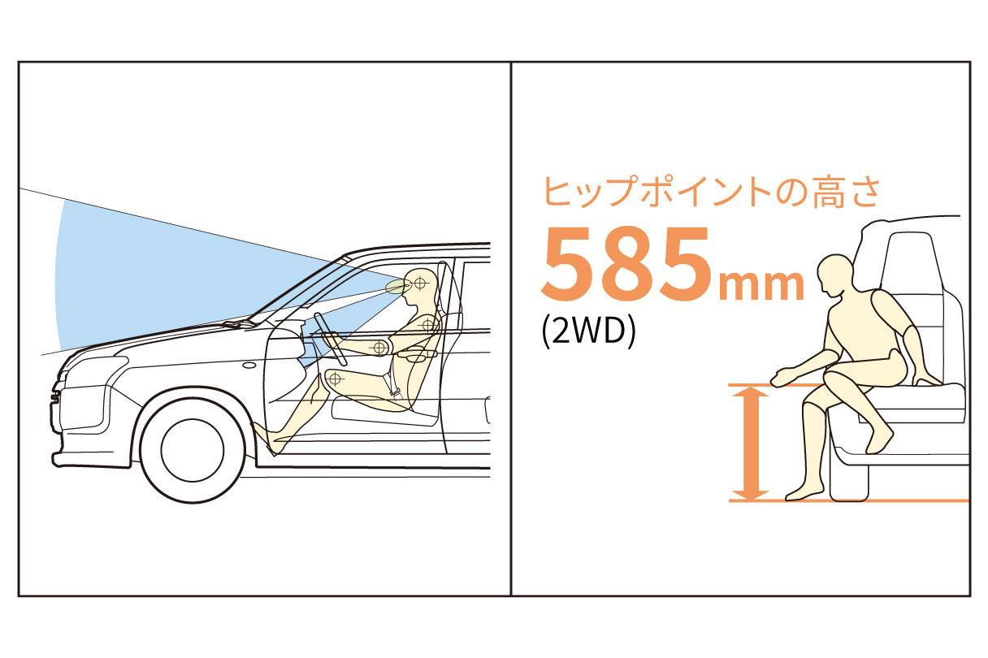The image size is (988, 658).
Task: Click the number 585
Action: point(626,264)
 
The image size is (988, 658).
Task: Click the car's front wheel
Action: point(193,450)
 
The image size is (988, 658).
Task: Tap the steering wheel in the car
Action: point(331,339)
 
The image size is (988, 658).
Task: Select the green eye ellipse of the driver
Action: point(396,287)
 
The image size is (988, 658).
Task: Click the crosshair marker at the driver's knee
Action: point(336,378)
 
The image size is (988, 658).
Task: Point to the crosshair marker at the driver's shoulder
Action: point(428,326)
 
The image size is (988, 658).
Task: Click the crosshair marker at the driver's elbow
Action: point(379,348)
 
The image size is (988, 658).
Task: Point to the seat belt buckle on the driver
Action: point(395,392)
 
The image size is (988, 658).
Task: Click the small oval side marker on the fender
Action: point(249,366)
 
